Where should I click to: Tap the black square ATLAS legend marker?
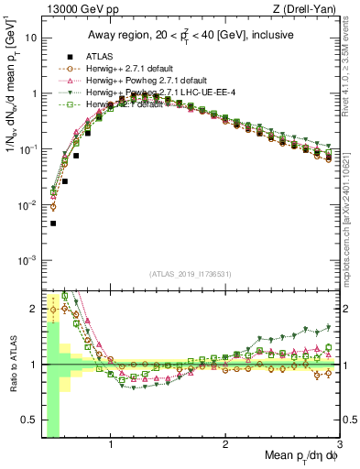[x=67, y=57]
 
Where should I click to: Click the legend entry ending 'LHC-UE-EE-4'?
[x=165, y=93]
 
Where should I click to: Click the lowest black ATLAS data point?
[x=53, y=223]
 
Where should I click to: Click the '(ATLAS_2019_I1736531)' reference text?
[x=189, y=274]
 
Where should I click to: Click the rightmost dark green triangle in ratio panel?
[x=329, y=327]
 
